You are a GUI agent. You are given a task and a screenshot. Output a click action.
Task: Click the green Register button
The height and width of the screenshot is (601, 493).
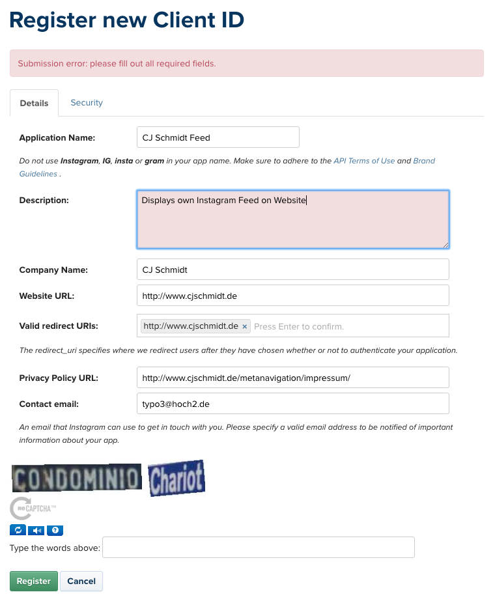tap(33, 581)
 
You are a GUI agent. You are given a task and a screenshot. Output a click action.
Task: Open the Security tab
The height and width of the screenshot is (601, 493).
tap(87, 103)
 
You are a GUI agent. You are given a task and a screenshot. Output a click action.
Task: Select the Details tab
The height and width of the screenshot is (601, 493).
tap(34, 103)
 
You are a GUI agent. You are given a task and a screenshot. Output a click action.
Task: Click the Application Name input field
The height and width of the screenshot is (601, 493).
tap(218, 137)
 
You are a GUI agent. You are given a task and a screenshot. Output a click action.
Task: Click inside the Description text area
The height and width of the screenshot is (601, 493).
tap(292, 220)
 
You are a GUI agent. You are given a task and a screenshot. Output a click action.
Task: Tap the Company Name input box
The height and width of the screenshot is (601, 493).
tap(292, 270)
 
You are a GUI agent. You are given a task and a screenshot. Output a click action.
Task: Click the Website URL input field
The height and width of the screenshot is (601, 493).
tap(292, 296)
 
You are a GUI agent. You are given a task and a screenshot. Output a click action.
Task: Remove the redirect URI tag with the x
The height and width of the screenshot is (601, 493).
tap(245, 326)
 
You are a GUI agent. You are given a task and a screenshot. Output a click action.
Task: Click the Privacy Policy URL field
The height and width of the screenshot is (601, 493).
tap(292, 378)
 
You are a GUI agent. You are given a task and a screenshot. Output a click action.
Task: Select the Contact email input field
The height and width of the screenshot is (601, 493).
tap(292, 404)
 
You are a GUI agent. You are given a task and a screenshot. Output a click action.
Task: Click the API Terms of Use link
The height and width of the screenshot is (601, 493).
tap(364, 161)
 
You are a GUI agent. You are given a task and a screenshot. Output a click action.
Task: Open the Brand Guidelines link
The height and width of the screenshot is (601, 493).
tap(424, 161)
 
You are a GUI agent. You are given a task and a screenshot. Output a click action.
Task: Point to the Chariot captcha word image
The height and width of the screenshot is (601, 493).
tap(176, 479)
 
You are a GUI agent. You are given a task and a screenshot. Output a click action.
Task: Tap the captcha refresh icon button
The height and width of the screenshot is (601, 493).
tap(18, 530)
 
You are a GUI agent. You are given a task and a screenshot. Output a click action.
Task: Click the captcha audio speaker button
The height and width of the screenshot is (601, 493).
tap(36, 530)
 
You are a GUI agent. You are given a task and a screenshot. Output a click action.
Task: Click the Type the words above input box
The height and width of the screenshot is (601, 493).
tap(259, 548)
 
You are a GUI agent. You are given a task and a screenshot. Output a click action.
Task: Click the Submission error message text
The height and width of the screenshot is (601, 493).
tap(117, 64)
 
